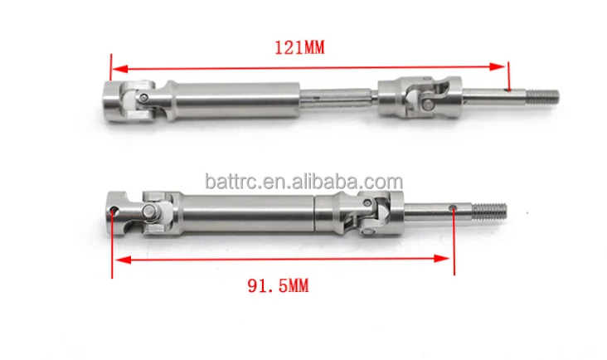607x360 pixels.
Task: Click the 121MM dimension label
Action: coord(299,47)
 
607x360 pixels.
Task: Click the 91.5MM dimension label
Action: coord(278,286)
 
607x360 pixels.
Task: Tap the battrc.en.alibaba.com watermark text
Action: coord(303,181)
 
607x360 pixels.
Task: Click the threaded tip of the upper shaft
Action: coord(542,97)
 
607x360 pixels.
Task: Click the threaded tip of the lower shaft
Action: coord(489,211)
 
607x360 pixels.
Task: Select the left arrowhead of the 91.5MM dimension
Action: coord(123,260)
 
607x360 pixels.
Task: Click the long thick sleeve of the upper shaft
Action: coord(234,100)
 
